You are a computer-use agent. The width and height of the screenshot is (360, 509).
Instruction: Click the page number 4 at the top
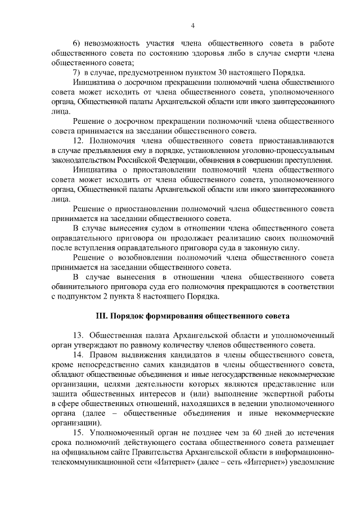click(193, 25)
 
